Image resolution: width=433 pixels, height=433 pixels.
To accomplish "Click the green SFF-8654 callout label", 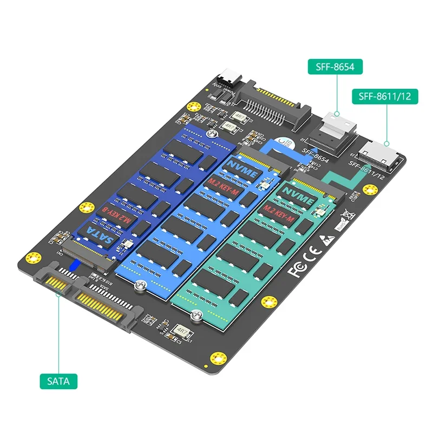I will coord(335,67).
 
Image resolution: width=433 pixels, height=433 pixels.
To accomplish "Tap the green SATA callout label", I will coord(58,380).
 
